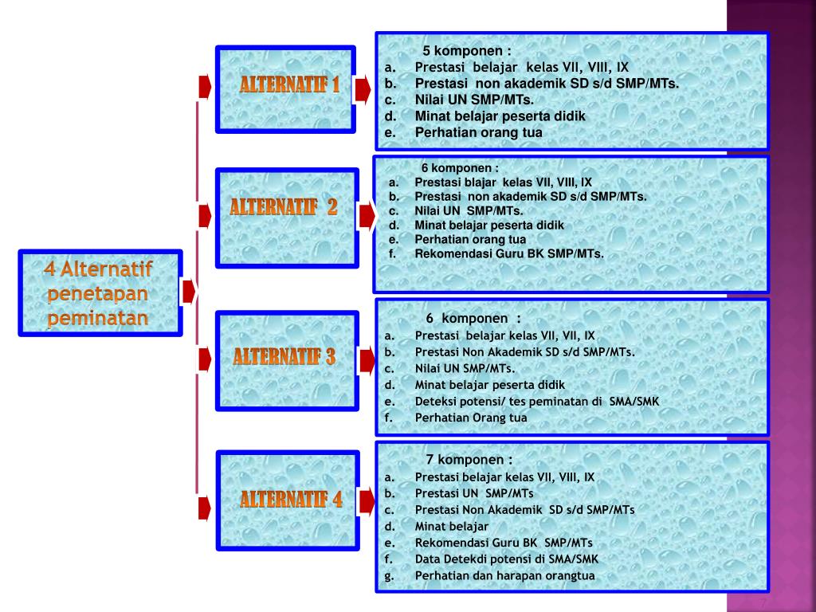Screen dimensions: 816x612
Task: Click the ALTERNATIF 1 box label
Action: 289,85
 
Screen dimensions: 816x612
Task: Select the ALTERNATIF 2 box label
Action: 284,208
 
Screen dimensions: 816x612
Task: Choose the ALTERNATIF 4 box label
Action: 291,500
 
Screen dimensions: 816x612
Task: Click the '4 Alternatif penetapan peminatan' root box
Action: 100,292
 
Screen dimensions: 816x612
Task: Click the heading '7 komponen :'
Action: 469,460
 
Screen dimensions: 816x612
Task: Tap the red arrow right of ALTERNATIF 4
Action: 367,501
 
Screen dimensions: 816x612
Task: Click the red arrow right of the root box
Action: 189,292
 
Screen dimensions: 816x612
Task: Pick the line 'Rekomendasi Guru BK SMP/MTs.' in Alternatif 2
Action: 509,254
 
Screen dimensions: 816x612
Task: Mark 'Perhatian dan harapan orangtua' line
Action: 504,576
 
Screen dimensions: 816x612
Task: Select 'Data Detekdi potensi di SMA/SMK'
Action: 506,559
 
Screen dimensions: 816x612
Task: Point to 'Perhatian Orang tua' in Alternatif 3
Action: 471,418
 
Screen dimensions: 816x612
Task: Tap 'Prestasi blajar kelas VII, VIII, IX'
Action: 503,182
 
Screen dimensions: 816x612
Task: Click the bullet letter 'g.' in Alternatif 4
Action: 390,576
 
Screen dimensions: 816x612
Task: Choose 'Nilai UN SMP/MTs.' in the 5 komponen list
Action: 474,100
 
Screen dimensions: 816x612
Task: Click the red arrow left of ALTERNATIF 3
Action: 205,359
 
